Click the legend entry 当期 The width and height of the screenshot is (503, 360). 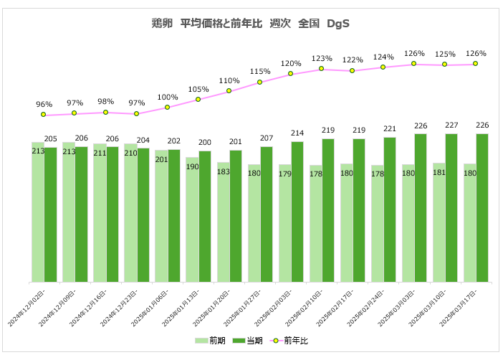pos(248,340)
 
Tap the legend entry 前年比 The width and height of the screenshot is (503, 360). pos(289,340)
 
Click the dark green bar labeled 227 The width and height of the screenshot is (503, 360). pos(451,208)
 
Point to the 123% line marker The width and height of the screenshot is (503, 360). pos(322,69)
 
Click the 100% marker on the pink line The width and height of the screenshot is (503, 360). pos(168,108)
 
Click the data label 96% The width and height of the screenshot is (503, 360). pos(44,104)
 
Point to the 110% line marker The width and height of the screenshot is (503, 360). pos(229,90)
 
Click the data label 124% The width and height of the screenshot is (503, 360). pos(383,57)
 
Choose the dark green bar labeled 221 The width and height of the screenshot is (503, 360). pos(390,209)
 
